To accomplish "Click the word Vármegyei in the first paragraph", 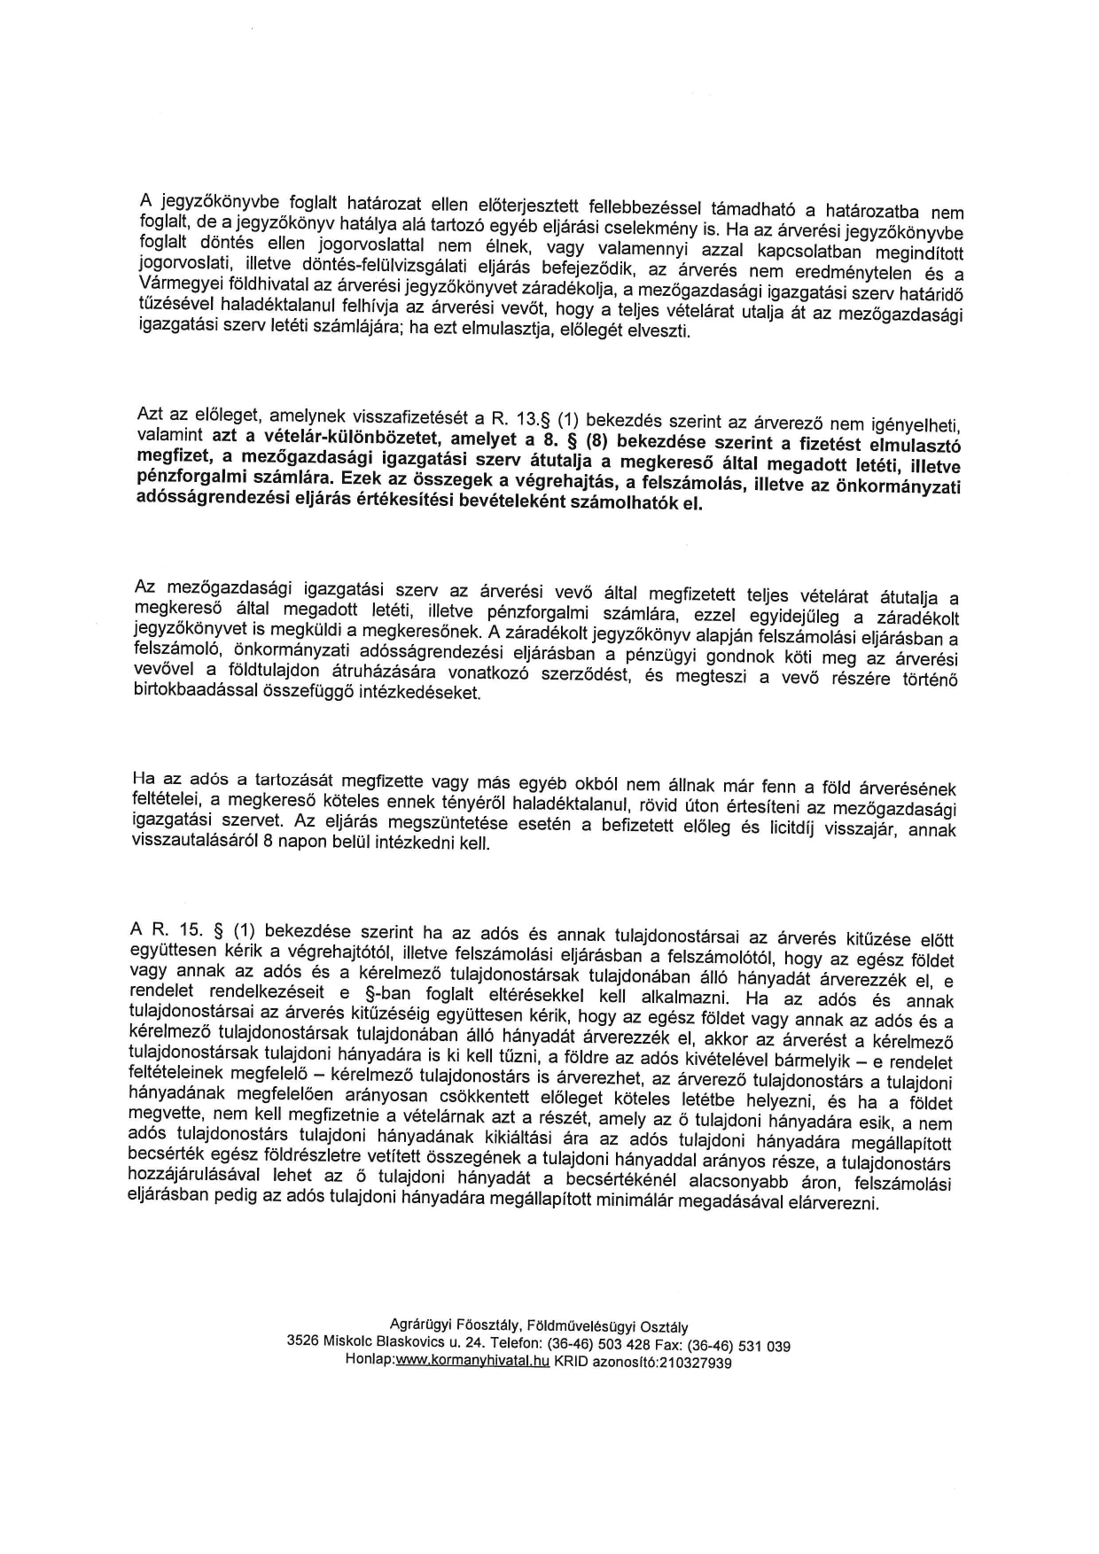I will click(175, 281).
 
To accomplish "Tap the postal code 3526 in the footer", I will click(303, 1343).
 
